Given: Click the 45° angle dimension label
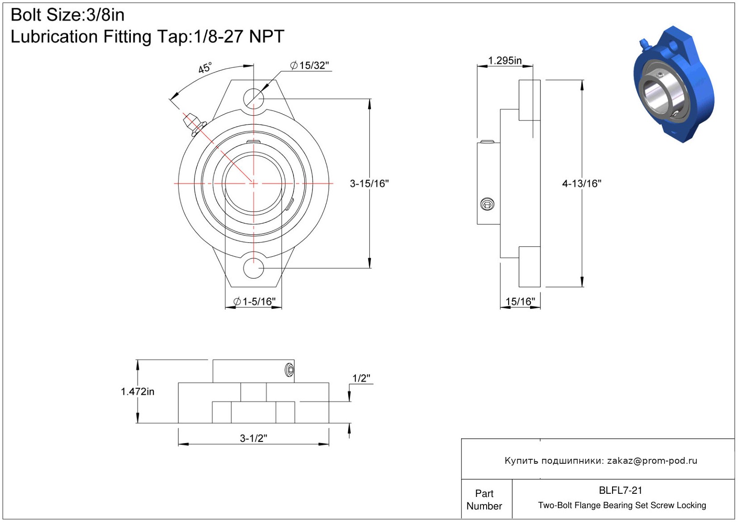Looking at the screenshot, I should coord(205,68).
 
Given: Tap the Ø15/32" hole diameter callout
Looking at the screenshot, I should coord(310,65).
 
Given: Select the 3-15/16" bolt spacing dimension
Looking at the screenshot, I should coord(369,183).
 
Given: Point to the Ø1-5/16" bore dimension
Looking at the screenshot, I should coord(255,302).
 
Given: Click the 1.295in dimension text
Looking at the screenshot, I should coord(505,60).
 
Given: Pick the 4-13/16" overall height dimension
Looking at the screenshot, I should coord(582,183).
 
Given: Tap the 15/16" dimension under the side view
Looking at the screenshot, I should coord(520,302).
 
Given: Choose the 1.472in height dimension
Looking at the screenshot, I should coord(138,392).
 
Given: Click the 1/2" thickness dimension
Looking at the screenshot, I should coord(361,378).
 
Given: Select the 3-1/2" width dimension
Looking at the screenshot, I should coord(254,438).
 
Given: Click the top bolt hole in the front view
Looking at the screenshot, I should coord(254,97).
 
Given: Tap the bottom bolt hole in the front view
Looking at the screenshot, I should coord(254,268).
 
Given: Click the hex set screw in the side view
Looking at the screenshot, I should coord(487,204).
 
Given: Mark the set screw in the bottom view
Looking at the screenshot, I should coord(289,370).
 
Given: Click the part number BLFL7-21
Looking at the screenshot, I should coord(621,491).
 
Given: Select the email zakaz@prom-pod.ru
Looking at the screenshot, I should coord(652,461).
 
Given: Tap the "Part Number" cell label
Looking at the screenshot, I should coord(484,500).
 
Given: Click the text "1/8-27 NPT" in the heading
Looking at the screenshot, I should coord(239,37).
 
